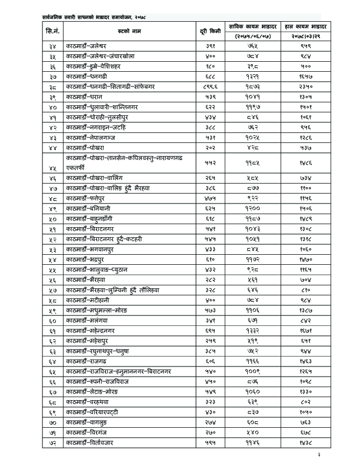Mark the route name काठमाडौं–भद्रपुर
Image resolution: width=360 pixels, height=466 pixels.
click(x=86, y=260)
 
